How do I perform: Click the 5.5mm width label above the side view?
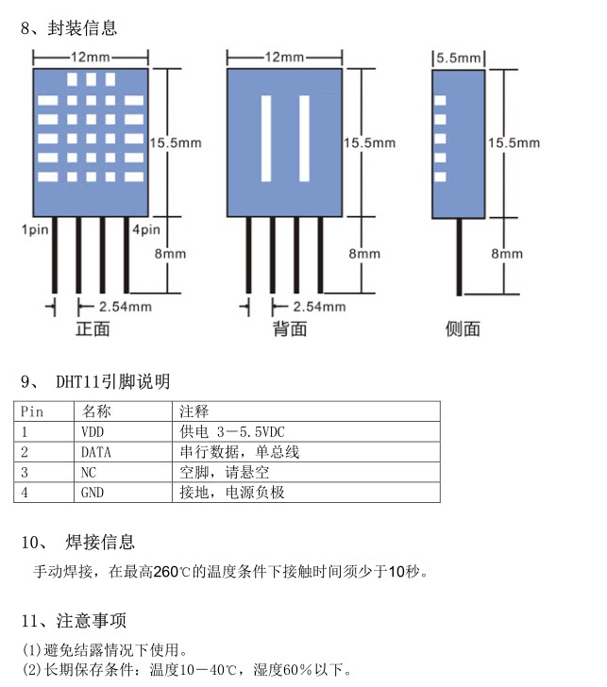pyautogui.click(x=458, y=58)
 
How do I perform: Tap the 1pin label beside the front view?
pyautogui.click(x=34, y=229)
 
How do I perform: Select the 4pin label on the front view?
pyautogui.click(x=145, y=229)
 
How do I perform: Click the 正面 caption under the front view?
pyautogui.click(x=93, y=328)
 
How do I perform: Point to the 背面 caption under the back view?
pyautogui.click(x=290, y=328)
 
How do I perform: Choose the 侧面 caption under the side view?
pyautogui.click(x=463, y=328)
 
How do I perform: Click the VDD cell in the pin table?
pyautogui.click(x=93, y=431)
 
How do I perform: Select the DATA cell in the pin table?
pyautogui.click(x=95, y=452)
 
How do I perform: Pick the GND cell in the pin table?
pyautogui.click(x=93, y=493)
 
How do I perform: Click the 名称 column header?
pyautogui.click(x=96, y=411)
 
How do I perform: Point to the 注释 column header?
pyautogui.click(x=194, y=411)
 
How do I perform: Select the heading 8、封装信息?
pyautogui.click(x=69, y=28)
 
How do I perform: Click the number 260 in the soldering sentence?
pyautogui.click(x=165, y=571)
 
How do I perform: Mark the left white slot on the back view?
pyautogui.click(x=266, y=139)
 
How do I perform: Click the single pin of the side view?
pyautogui.click(x=460, y=267)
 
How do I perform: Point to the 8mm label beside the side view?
pyautogui.click(x=507, y=254)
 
